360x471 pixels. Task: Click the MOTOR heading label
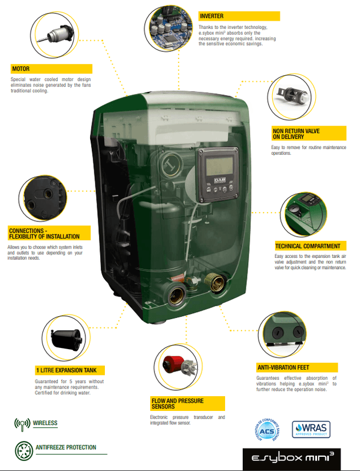[21, 69]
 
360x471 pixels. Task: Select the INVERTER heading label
[212, 16]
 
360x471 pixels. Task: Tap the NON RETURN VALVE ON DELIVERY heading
[296, 134]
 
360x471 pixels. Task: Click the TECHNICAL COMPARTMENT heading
[308, 246]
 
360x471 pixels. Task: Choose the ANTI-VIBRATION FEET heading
[283, 367]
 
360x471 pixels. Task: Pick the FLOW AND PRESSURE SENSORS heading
[177, 404]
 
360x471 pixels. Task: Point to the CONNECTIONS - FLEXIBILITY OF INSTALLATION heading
[44, 233]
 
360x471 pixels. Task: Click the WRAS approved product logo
[311, 429]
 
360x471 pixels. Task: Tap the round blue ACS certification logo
[267, 430]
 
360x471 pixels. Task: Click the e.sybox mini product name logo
[292, 459]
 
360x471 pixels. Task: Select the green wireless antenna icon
[22, 424]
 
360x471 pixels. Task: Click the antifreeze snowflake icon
[24, 450]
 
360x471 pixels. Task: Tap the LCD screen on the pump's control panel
[220, 165]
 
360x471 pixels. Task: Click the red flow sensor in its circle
[173, 364]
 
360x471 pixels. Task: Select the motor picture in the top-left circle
[55, 34]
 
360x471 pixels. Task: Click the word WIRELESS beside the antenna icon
[45, 423]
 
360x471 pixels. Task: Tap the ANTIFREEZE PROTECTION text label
[66, 447]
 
